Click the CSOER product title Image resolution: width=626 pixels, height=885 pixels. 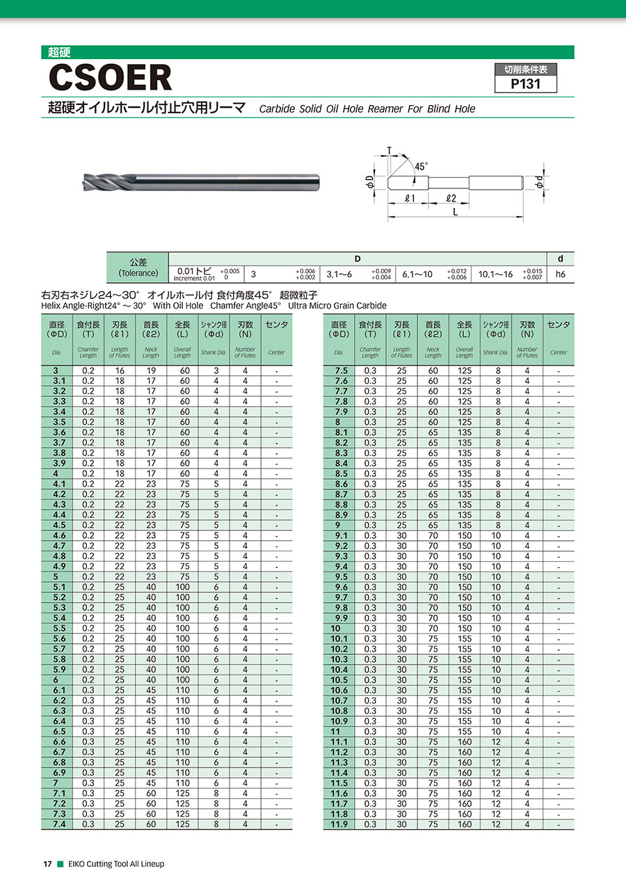109,77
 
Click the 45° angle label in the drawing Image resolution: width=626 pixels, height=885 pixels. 422,166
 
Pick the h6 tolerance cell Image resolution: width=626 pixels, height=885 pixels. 561,275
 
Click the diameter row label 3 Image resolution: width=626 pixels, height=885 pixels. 57,371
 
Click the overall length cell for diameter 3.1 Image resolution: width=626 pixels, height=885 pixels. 182,381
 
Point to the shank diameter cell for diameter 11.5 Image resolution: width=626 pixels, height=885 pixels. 496,783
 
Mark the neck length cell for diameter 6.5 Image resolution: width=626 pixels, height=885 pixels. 151,731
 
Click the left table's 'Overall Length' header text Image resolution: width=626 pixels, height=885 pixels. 182,352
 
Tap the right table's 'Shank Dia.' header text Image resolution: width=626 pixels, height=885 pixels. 496,352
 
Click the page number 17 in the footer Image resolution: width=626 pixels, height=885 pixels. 48,864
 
